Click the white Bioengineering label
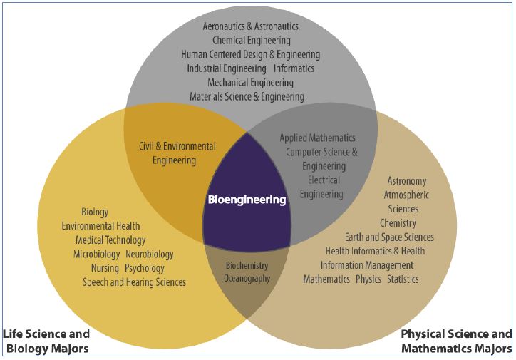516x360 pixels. coord(247,200)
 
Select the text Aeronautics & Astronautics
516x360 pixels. coord(250,26)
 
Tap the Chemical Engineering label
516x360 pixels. coord(251,41)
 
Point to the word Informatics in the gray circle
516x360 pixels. coord(294,68)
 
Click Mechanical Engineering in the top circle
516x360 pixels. coord(250,83)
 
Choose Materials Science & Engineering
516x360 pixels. coord(247,96)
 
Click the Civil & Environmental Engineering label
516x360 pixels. coord(177,153)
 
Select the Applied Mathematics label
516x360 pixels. coord(317,138)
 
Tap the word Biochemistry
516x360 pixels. coord(247,265)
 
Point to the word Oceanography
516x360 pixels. coord(247,279)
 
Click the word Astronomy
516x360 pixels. coord(407,181)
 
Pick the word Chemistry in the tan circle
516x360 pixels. coord(398,223)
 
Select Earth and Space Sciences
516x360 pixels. coord(389,237)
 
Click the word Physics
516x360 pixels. coord(368,279)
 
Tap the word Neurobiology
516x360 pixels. coord(150,254)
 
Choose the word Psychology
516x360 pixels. coord(145,269)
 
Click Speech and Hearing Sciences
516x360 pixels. coord(134,282)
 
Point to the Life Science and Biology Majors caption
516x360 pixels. coord(46,341)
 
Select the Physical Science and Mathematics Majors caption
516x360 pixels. coord(456,341)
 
